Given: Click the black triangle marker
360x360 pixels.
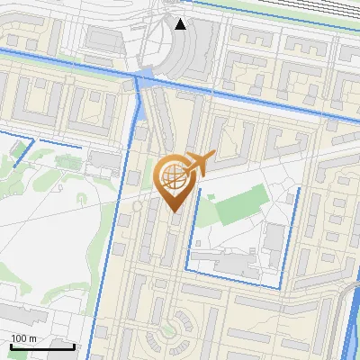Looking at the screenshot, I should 181,23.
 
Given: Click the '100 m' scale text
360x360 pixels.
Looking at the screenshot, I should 24,337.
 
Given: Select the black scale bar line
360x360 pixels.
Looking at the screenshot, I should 42,345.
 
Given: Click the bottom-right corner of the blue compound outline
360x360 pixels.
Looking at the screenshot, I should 283,286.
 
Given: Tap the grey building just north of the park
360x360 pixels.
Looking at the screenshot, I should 104,160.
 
